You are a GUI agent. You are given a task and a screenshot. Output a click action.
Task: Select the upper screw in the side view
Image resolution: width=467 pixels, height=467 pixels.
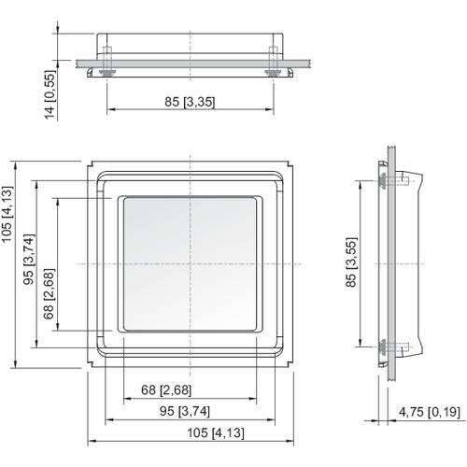pyautogui.click(x=388, y=181)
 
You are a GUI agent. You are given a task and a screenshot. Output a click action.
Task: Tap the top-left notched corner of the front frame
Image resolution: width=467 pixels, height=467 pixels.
pyautogui.click(x=92, y=168)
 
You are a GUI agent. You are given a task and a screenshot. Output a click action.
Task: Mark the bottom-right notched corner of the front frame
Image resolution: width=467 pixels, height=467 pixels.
pyautogui.click(x=289, y=363)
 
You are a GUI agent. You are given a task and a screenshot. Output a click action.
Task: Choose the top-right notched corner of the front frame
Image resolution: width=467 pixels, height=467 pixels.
pyautogui.click(x=289, y=168)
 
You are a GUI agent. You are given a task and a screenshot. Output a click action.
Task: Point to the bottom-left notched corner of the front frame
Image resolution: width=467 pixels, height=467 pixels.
pyautogui.click(x=92, y=363)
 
